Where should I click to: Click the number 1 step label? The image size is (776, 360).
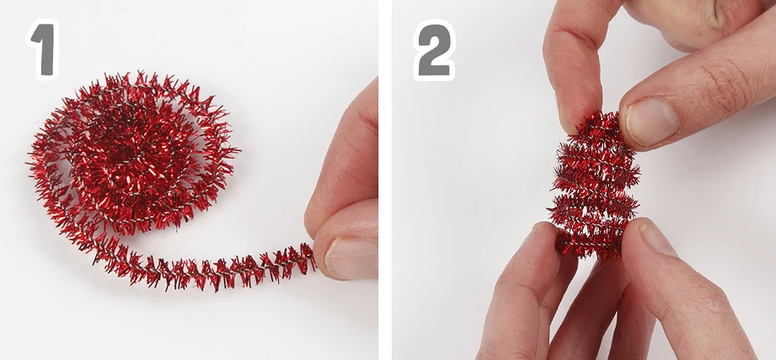[43, 50]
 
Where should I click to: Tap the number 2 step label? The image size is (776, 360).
[434, 50]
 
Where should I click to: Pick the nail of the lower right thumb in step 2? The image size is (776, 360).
[657, 238]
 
